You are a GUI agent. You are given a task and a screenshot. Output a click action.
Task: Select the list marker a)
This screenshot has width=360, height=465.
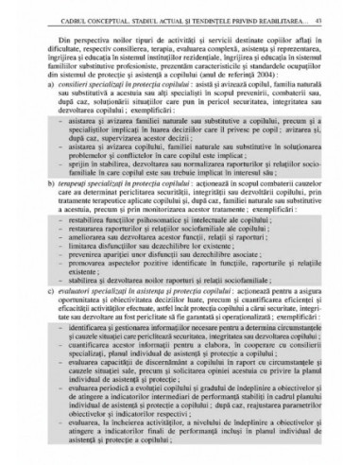click(x=48, y=88)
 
